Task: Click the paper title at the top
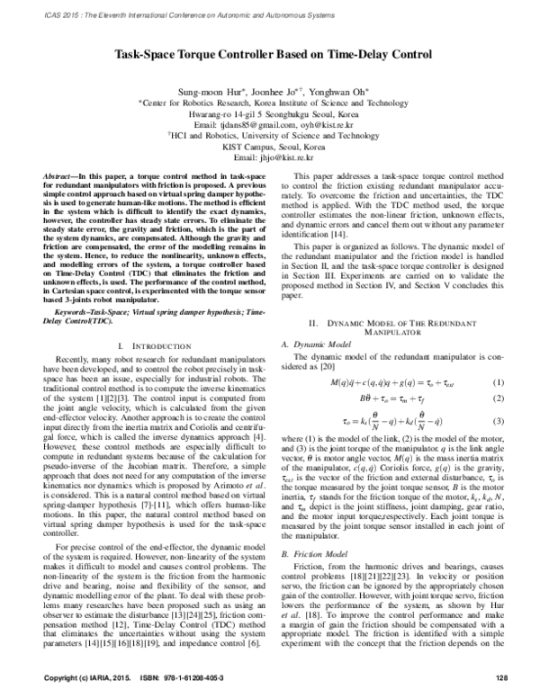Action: (269, 54)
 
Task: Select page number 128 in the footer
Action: (503, 675)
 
